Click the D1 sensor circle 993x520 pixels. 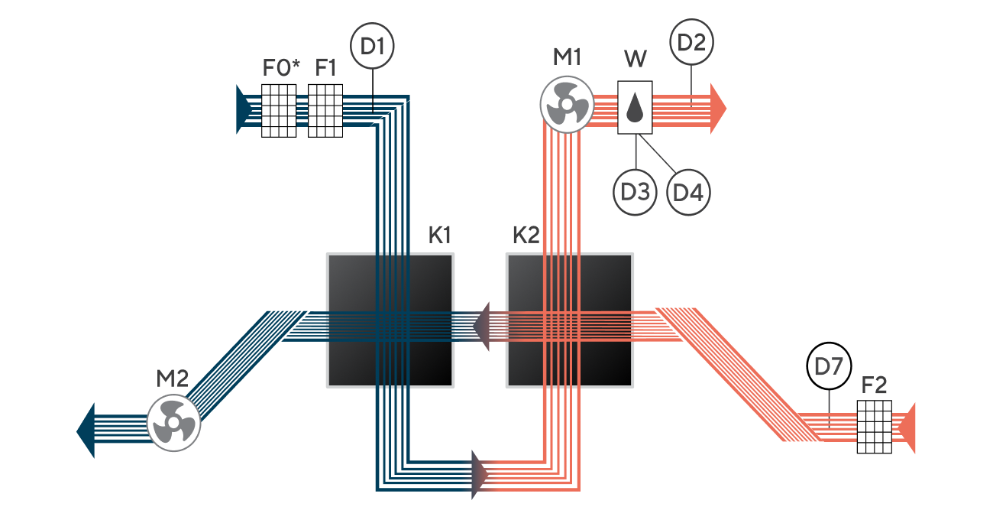(372, 46)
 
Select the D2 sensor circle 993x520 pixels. (691, 42)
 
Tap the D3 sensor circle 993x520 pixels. (635, 193)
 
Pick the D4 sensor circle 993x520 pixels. (688, 193)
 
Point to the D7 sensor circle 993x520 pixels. (829, 366)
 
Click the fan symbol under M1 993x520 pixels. (567, 104)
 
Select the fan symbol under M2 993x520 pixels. (173, 424)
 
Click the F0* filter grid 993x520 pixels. (279, 110)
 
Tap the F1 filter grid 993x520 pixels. (325, 110)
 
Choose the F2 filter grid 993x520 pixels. (874, 427)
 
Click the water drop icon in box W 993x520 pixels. (635, 107)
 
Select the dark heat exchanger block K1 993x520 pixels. (390, 320)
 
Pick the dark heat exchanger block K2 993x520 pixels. (570, 320)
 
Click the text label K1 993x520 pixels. (439, 236)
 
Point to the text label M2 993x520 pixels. (173, 379)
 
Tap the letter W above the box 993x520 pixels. (636, 59)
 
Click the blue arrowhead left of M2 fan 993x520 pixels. (86, 431)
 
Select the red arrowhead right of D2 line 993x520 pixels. (718, 109)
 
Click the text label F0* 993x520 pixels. (281, 67)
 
